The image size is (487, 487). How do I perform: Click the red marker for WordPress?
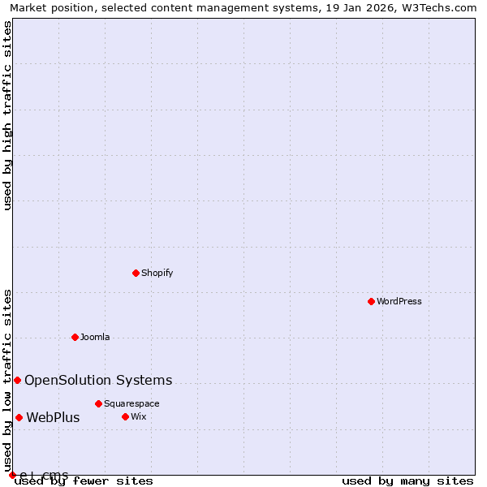(371, 301)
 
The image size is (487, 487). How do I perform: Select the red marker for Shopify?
(136, 273)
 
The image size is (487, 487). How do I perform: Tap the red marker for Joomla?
(75, 337)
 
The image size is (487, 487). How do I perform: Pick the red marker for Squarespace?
(98, 403)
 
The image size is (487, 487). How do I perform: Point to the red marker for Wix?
(125, 416)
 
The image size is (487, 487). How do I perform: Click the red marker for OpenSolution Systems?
(17, 380)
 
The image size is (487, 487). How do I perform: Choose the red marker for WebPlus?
(19, 418)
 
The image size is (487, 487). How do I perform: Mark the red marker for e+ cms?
(12, 475)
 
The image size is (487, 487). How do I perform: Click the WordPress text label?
(399, 301)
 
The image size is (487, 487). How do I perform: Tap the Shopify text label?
(157, 273)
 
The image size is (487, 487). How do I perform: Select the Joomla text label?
(95, 337)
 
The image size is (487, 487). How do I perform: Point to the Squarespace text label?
(131, 403)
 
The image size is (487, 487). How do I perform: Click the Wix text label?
(139, 416)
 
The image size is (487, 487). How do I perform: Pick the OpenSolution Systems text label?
(98, 380)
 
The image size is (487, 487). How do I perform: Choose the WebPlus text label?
(54, 418)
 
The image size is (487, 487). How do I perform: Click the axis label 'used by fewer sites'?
(84, 481)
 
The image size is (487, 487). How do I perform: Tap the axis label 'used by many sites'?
(407, 481)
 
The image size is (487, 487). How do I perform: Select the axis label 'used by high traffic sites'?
(7, 116)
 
